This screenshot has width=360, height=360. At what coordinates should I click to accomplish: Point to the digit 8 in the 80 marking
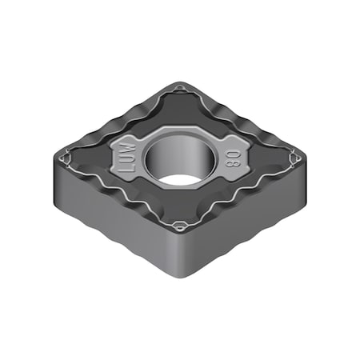pos(233,152)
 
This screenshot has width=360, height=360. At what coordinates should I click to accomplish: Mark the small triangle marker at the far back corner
pos(179,87)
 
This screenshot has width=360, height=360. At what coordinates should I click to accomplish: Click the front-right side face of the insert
pos(248,220)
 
